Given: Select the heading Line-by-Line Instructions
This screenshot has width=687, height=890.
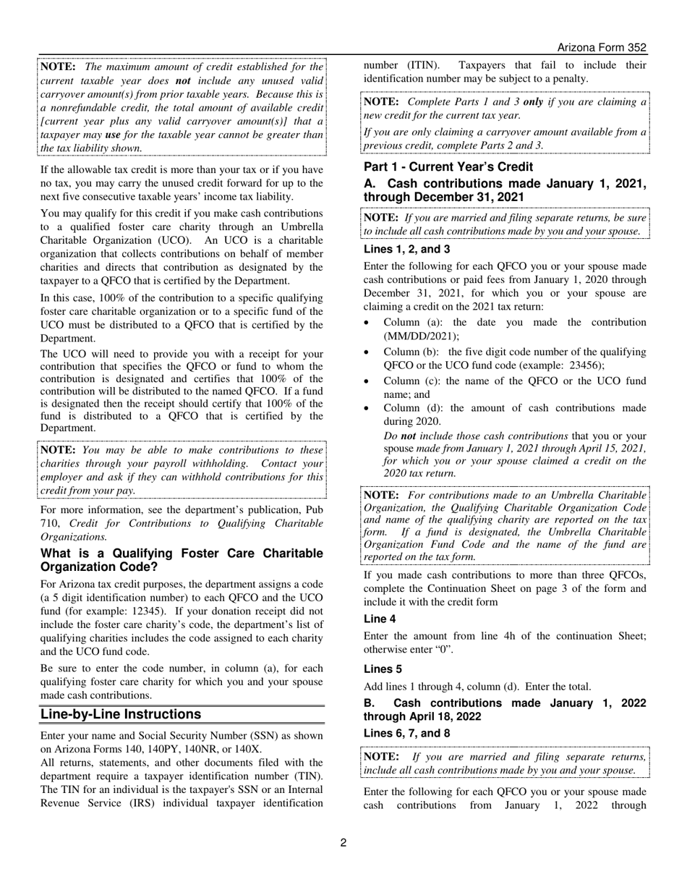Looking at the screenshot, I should tap(121, 714).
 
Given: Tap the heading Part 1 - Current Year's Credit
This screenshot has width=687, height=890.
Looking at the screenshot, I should tap(448, 167).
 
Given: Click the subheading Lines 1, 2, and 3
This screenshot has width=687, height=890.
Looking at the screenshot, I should tap(406, 249).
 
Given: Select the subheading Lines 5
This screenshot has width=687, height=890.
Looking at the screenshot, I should tap(383, 669).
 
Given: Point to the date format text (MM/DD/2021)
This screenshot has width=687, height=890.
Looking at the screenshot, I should tap(421, 336).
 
